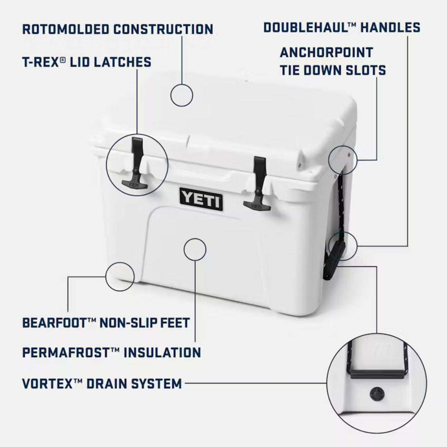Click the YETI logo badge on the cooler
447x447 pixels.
click(x=201, y=199)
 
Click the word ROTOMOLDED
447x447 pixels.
click(x=65, y=29)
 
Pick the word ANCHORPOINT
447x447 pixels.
click(x=326, y=53)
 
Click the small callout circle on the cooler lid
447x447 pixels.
click(x=181, y=95)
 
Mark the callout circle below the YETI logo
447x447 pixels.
click(x=195, y=250)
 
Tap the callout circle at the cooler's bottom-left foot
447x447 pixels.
click(x=120, y=276)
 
